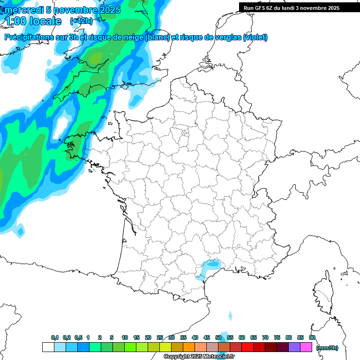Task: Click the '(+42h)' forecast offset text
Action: point(81,21)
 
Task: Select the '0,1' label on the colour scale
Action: point(55,337)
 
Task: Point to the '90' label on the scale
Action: point(312,337)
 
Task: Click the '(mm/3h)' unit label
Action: point(327,348)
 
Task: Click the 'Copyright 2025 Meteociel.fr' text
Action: point(199,357)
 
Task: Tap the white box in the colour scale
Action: point(48,347)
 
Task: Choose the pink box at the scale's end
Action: point(306,347)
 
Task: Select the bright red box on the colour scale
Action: point(247,347)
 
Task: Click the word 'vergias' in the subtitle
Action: point(228,37)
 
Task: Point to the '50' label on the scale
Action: point(218,337)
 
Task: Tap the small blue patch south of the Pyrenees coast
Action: point(230,316)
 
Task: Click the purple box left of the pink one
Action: point(294,347)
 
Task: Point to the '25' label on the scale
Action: point(160,337)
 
